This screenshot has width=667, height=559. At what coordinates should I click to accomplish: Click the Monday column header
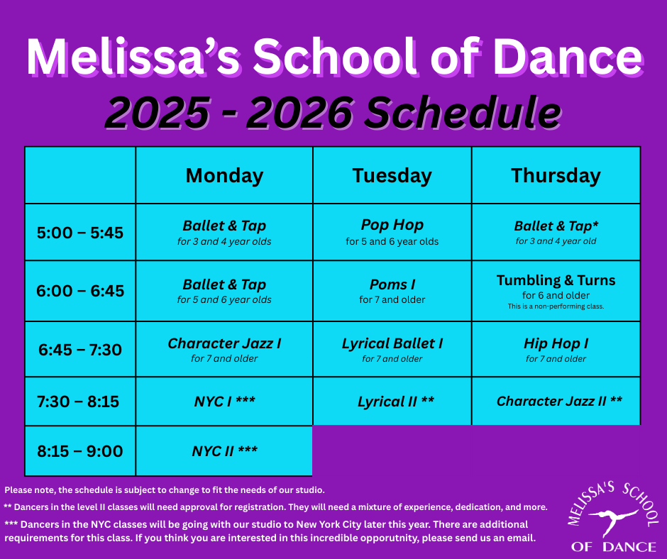(x=224, y=176)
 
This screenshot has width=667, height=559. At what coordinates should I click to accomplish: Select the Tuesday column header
(x=392, y=176)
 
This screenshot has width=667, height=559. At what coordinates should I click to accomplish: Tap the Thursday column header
(x=556, y=176)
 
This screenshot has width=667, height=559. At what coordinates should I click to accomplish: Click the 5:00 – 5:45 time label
(x=80, y=233)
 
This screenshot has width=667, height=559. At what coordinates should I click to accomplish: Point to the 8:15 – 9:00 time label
(x=80, y=451)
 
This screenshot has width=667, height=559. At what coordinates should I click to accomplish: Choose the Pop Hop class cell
(x=392, y=232)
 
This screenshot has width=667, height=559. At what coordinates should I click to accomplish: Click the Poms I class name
(x=392, y=284)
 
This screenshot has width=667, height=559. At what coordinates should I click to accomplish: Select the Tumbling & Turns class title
(x=556, y=280)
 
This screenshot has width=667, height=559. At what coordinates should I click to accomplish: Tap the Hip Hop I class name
(x=556, y=343)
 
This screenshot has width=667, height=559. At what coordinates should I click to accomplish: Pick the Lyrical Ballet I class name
(x=392, y=343)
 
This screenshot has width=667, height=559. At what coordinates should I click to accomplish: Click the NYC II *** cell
(x=224, y=451)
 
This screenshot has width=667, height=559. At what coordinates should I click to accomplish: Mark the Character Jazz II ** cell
(x=556, y=402)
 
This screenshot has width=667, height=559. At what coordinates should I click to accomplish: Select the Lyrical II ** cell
(x=392, y=402)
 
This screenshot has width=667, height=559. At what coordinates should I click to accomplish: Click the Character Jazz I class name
(x=224, y=343)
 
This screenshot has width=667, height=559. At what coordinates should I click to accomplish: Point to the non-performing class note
(x=556, y=306)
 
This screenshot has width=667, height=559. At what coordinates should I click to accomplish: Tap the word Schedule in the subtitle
(x=463, y=113)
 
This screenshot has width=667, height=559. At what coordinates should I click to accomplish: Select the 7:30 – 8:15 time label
(x=78, y=402)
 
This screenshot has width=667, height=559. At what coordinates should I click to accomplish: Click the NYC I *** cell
(x=224, y=402)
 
